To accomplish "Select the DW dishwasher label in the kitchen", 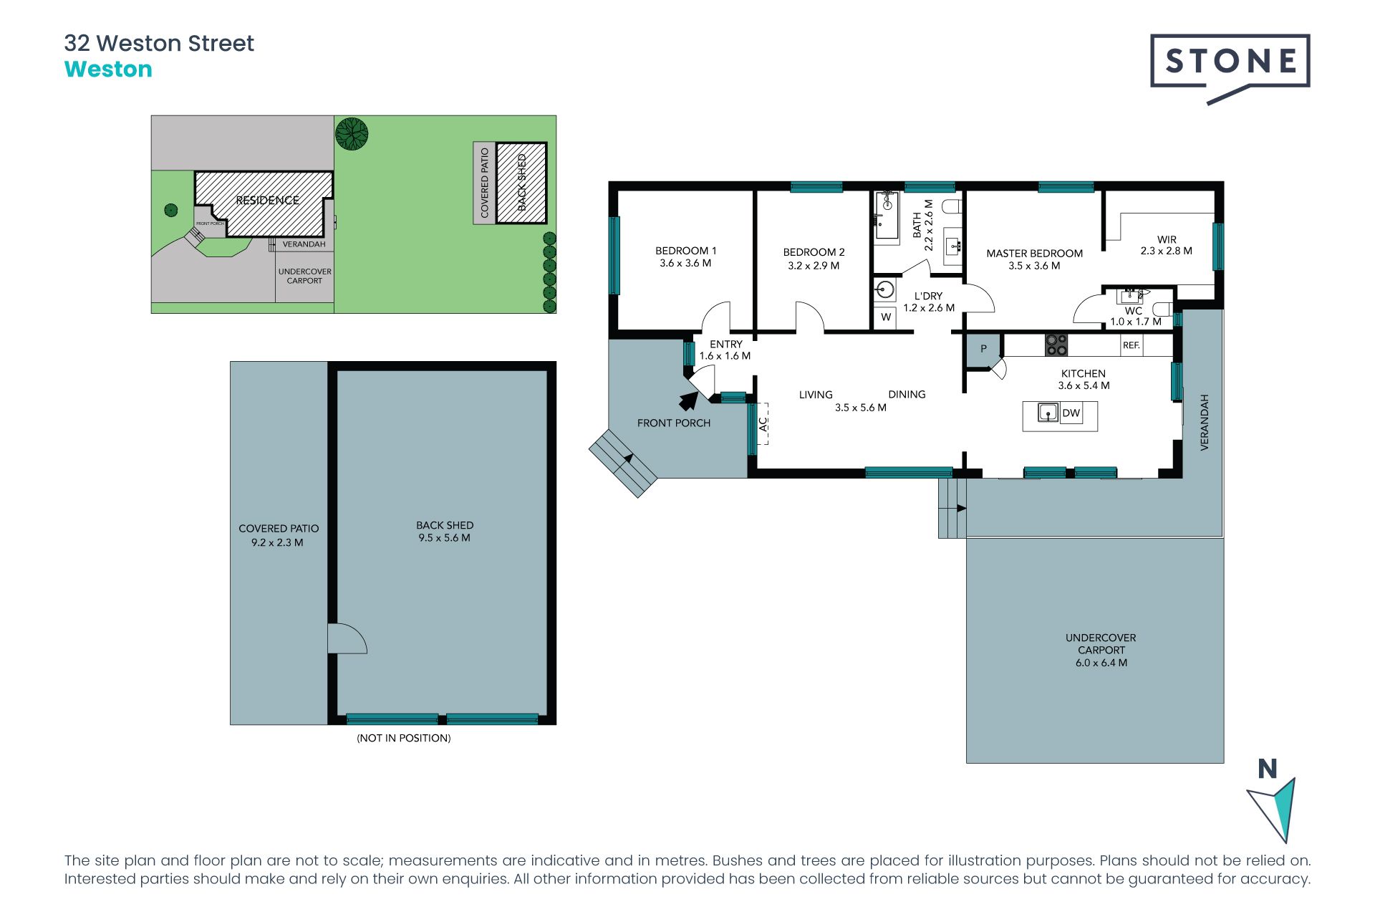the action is [1071, 413].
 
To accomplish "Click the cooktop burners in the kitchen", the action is [1056, 345].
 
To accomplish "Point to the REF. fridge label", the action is [1132, 345].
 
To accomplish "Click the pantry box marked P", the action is [983, 350].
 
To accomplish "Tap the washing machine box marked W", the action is [886, 317].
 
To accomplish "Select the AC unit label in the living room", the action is [763, 424].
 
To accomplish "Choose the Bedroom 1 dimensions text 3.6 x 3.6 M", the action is [685, 263].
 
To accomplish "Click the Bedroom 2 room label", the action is [814, 252].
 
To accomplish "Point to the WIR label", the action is [1167, 239].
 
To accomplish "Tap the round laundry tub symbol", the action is [885, 290].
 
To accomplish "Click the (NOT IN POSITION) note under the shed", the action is [404, 738].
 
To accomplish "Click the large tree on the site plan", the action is [352, 134].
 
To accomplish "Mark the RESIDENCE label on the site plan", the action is [268, 201].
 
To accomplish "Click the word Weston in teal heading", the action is [108, 69].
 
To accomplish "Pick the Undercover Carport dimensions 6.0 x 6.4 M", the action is [1101, 663].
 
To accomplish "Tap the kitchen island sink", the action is [1048, 413].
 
